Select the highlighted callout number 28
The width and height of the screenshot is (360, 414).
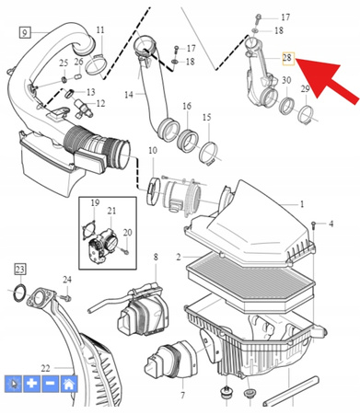[x=286, y=57]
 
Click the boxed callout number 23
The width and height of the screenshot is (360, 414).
[x=19, y=269]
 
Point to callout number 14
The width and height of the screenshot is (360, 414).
[x=128, y=94]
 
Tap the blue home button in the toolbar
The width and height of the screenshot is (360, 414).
[x=68, y=385]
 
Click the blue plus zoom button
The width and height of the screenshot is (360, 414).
[x=31, y=385]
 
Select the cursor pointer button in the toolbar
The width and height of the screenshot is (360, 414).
[x=14, y=385]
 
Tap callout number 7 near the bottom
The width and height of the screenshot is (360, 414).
[x=183, y=395]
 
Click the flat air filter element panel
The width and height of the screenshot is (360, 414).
[x=244, y=276]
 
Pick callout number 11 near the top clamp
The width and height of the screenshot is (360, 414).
[x=99, y=30]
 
